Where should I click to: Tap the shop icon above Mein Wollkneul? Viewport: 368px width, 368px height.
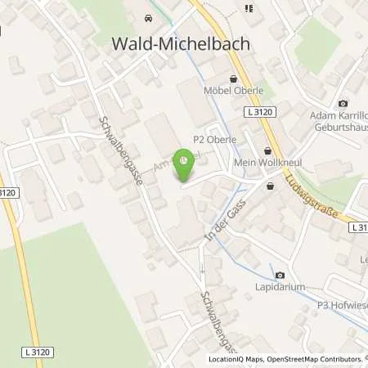269,150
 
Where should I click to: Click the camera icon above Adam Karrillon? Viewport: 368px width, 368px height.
342,105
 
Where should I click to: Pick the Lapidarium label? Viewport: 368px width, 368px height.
280,289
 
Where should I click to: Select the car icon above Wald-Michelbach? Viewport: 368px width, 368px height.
147,18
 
